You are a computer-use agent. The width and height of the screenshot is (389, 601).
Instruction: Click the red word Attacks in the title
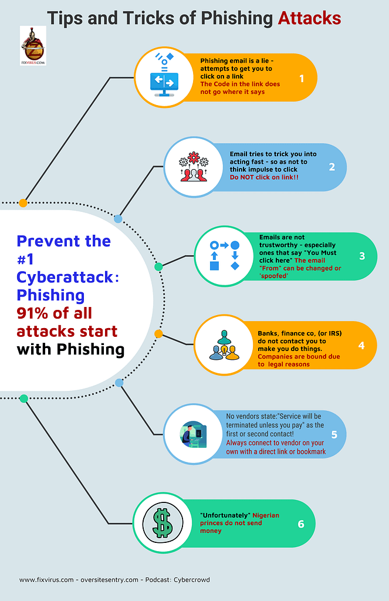tap(309, 18)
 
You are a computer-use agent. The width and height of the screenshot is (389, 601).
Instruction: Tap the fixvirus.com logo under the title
tap(33, 45)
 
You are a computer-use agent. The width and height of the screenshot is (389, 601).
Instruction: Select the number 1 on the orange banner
tap(302, 77)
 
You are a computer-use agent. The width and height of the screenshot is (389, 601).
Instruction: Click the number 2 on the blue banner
tap(332, 167)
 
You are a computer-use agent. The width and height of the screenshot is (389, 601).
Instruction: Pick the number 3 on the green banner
tap(362, 256)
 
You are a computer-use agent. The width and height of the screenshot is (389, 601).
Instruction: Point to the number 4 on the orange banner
tap(361, 345)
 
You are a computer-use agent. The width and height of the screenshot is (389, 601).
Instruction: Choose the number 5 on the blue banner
tap(334, 434)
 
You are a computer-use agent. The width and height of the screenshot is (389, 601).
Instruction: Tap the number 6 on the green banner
tap(301, 524)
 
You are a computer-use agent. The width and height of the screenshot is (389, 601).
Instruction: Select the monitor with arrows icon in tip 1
tap(164, 77)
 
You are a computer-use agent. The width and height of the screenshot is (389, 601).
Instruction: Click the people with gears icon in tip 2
tap(194, 167)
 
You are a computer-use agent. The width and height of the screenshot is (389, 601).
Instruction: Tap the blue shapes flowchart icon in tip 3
tap(224, 256)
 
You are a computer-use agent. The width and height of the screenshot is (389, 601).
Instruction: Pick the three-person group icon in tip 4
tap(224, 345)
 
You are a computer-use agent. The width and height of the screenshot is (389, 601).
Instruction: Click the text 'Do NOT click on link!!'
tap(263, 177)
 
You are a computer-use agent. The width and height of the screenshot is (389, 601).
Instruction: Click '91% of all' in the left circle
tap(55, 313)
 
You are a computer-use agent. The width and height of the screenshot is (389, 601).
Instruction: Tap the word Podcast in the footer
tap(158, 580)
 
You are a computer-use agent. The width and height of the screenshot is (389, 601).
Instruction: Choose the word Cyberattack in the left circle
tap(65, 277)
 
